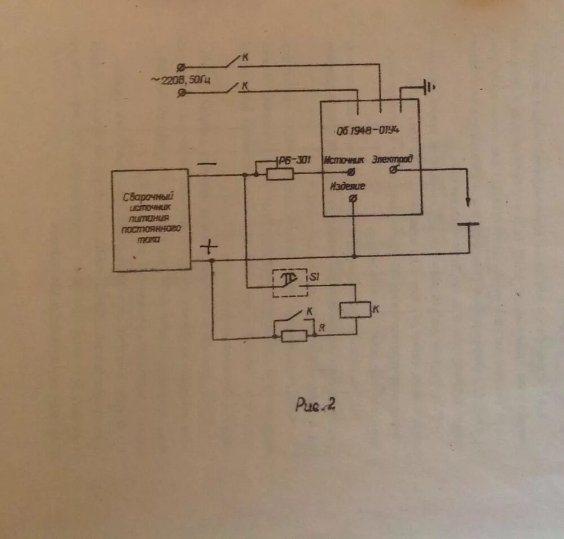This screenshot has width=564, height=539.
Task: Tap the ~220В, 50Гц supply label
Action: pos(180,80)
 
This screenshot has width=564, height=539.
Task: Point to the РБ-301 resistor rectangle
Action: pos(280,174)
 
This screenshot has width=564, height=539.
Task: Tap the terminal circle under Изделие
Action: pos(353,198)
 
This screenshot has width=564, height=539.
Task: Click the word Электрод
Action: pos(393,159)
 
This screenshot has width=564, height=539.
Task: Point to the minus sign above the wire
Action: pos(206,164)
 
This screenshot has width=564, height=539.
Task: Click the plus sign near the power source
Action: pos(209,246)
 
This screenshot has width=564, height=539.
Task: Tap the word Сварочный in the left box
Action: pos(147,197)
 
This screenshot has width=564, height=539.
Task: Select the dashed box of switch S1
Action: pos(290,282)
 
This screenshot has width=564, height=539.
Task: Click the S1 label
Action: pos(314,276)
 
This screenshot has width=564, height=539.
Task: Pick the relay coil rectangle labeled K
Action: pos(355,310)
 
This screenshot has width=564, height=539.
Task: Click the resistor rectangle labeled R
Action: pos(294,336)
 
